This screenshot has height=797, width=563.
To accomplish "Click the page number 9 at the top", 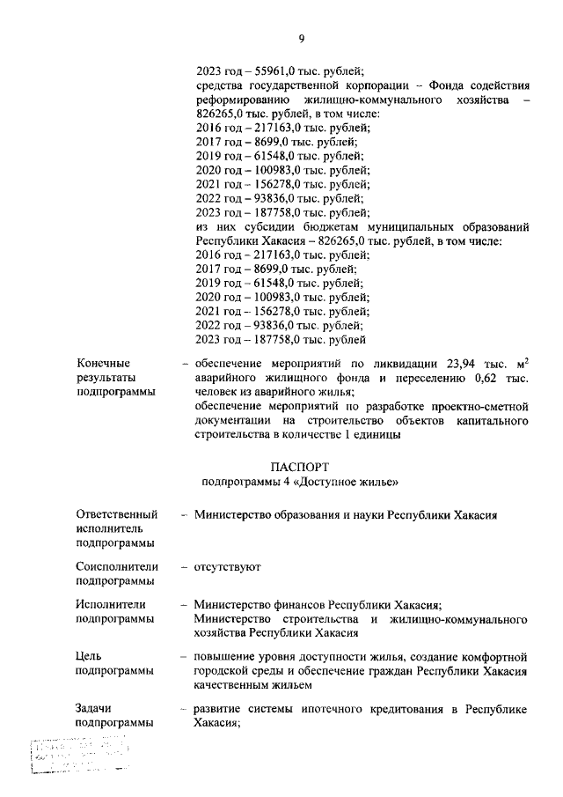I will point(301,39).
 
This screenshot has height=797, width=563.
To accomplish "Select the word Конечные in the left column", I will point(103,363).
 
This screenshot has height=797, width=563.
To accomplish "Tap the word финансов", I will point(296,605).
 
